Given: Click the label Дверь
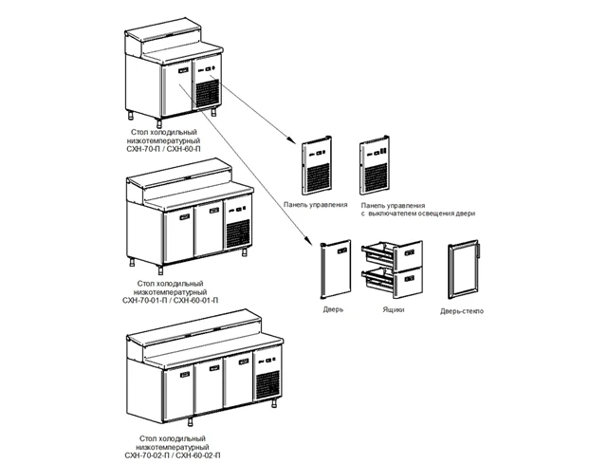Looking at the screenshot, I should [332, 309].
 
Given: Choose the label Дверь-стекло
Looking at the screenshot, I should [462, 311].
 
